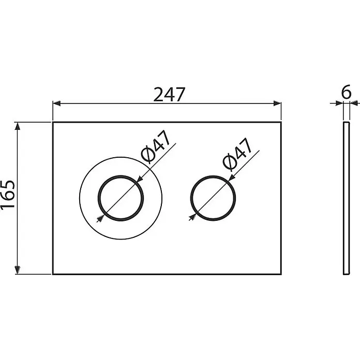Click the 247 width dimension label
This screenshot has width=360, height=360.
(x=169, y=94)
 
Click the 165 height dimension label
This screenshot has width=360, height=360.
(x=8, y=194)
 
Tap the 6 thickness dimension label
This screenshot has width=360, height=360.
(x=346, y=92)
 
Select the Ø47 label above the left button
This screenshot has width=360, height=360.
(x=156, y=146)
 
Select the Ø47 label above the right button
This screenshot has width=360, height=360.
(x=237, y=154)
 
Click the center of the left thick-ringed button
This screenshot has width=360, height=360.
(x=121, y=199)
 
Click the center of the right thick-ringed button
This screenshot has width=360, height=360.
(x=213, y=199)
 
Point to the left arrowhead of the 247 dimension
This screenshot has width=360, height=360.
(x=56, y=103)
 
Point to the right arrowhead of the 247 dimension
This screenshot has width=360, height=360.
(x=277, y=103)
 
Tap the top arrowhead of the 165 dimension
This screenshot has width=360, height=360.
(x=17, y=126)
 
